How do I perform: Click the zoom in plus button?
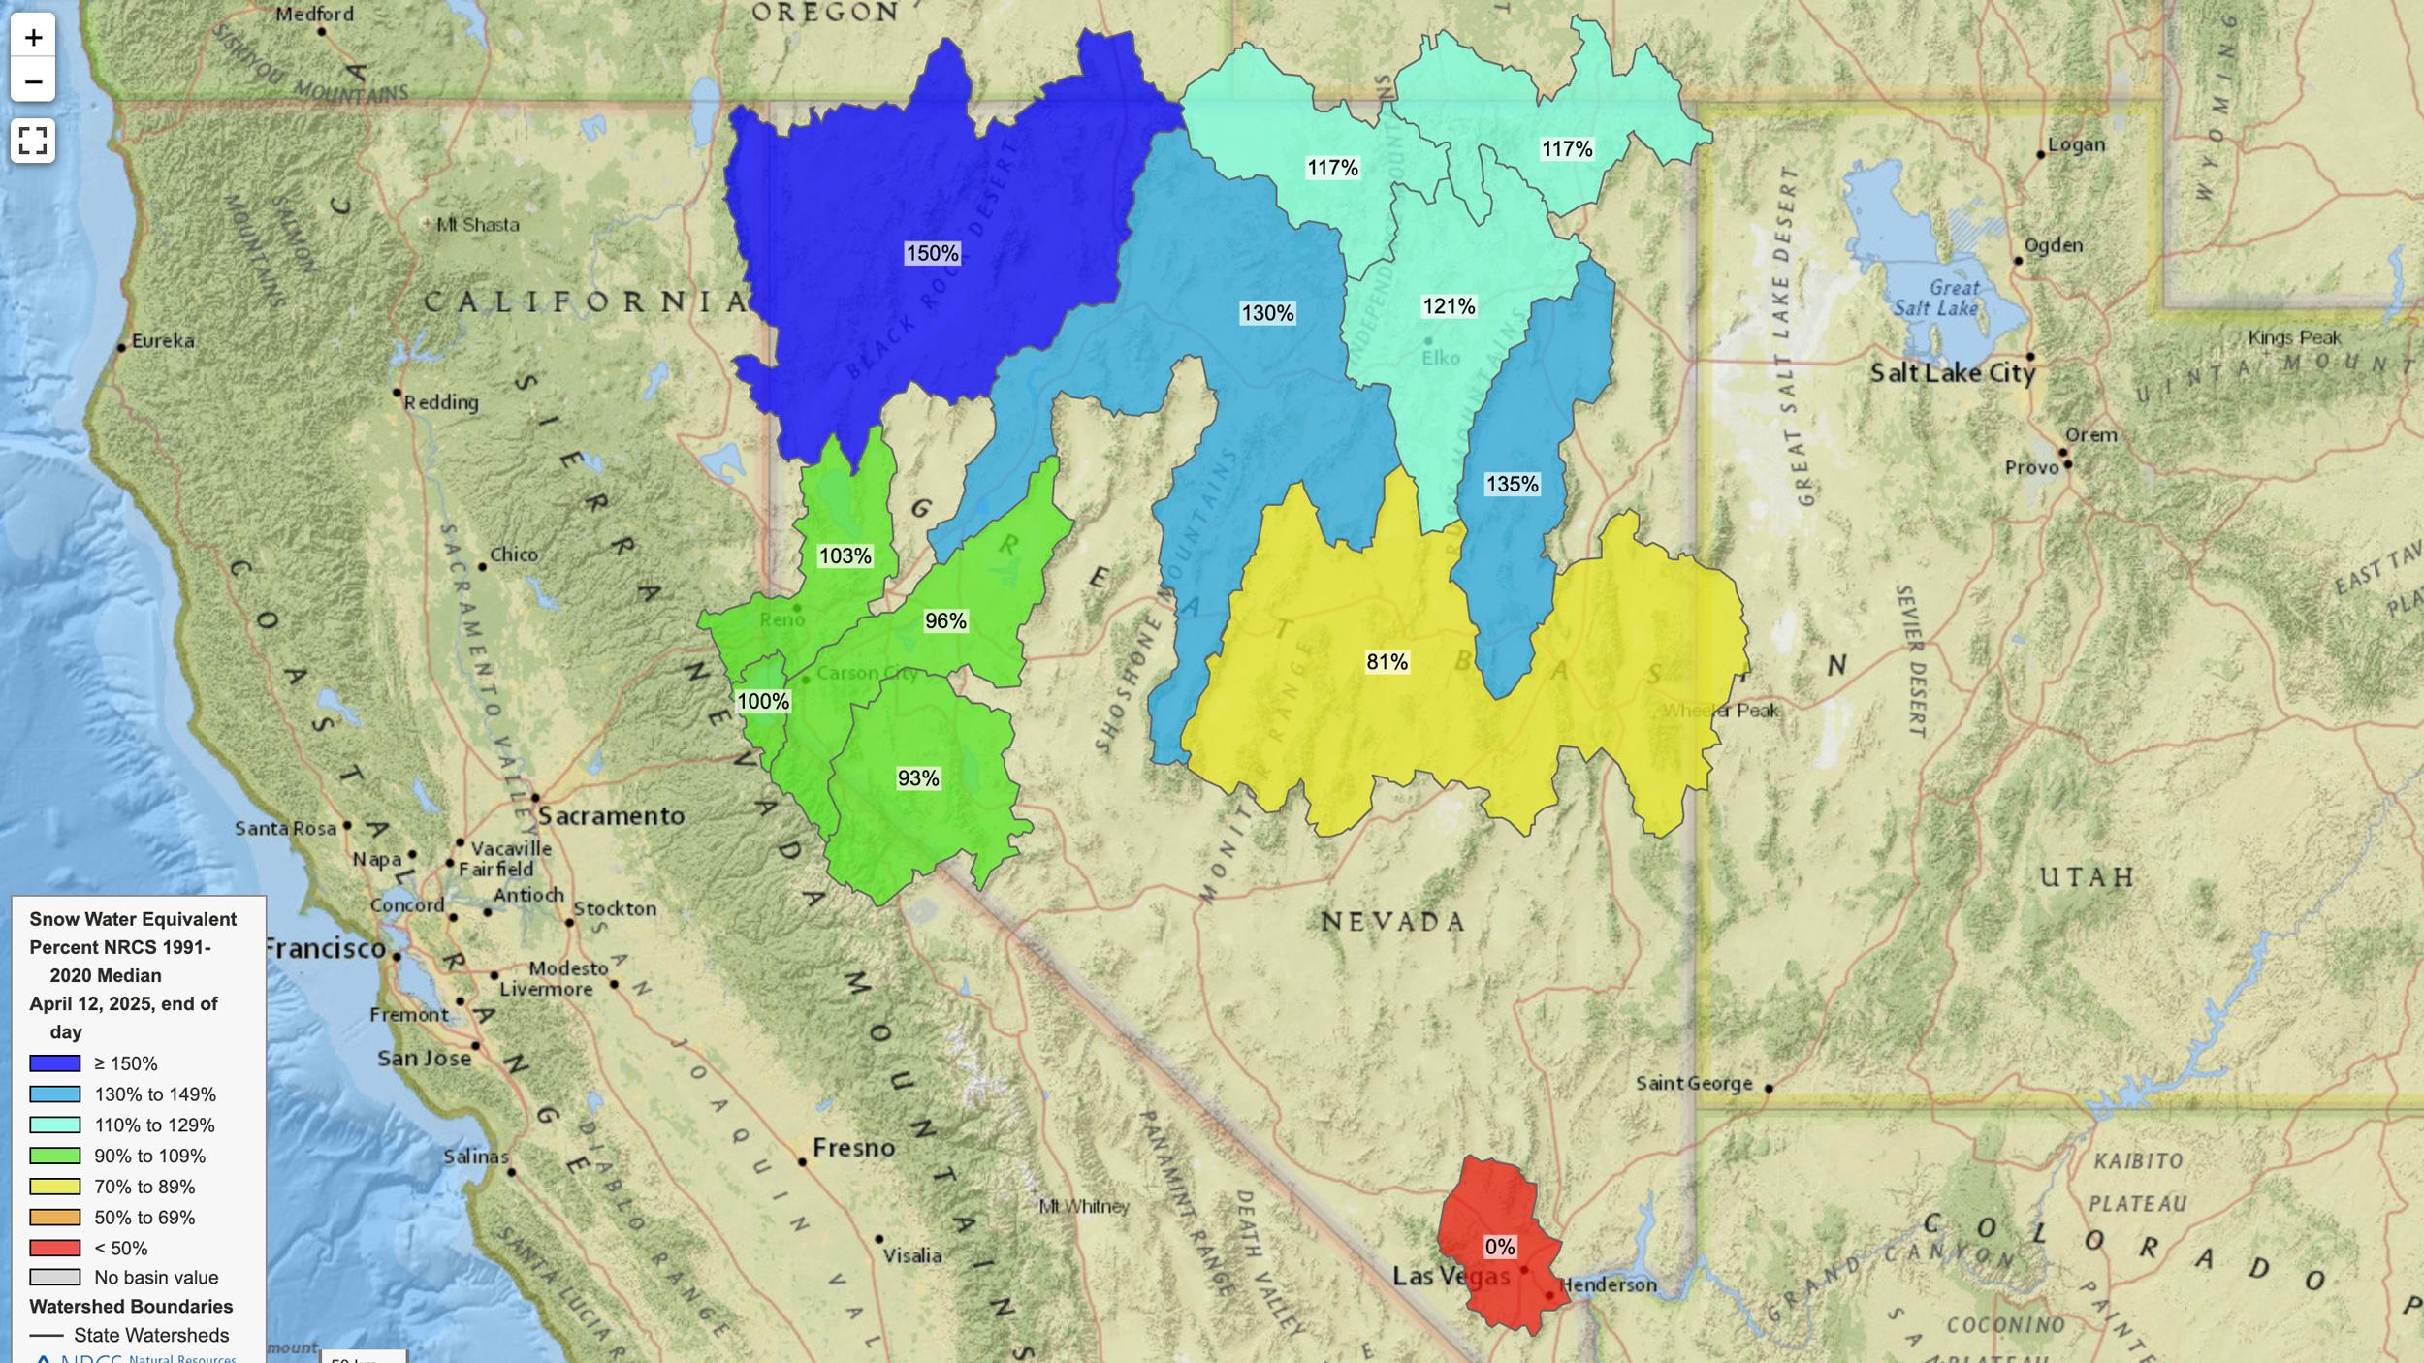coord(33,38)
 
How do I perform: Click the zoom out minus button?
coord(33,81)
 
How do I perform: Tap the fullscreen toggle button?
coord(33,141)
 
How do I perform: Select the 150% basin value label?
coord(932,254)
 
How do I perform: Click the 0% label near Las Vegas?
coord(1499,1247)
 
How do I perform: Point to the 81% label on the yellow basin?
coord(1387,662)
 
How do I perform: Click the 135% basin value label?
coord(1512,484)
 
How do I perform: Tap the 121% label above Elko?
coord(1449,307)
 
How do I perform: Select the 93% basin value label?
coord(917,778)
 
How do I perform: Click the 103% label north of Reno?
coord(845,556)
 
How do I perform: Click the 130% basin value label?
coord(1267,313)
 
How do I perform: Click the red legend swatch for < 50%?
coord(54,1248)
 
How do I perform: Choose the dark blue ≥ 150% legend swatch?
coord(54,1063)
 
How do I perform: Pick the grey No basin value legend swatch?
coord(54,1278)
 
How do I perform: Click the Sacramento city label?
coord(611,816)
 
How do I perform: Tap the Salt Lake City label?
coord(1951,373)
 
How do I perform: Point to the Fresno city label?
coord(853,1148)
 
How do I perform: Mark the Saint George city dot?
coord(1768,1089)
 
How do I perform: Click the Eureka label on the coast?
coord(163,341)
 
